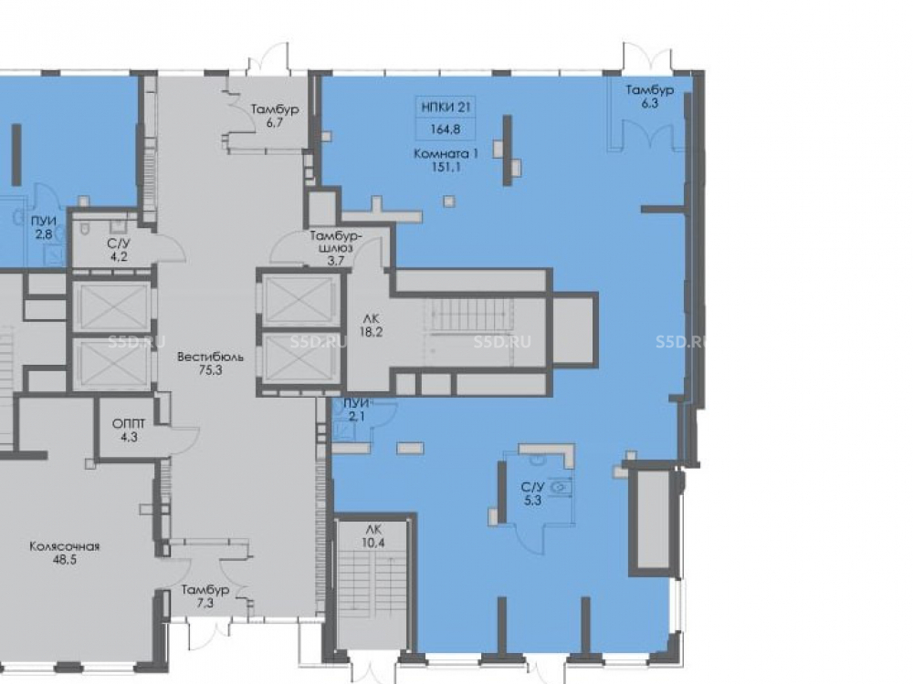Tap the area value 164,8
click(x=446, y=130)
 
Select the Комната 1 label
click(x=446, y=161)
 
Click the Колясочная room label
click(x=65, y=554)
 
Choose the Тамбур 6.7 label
click(x=275, y=115)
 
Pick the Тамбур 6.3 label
click(x=650, y=97)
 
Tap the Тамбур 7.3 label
click(x=205, y=596)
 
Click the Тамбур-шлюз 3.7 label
click(x=336, y=248)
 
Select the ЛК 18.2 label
click(x=371, y=326)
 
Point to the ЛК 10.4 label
click(x=373, y=536)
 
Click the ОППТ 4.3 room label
click(x=129, y=430)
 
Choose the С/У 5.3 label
click(x=532, y=493)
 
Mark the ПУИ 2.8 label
click(x=44, y=228)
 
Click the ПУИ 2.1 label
click(x=356, y=409)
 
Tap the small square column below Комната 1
click(x=448, y=202)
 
